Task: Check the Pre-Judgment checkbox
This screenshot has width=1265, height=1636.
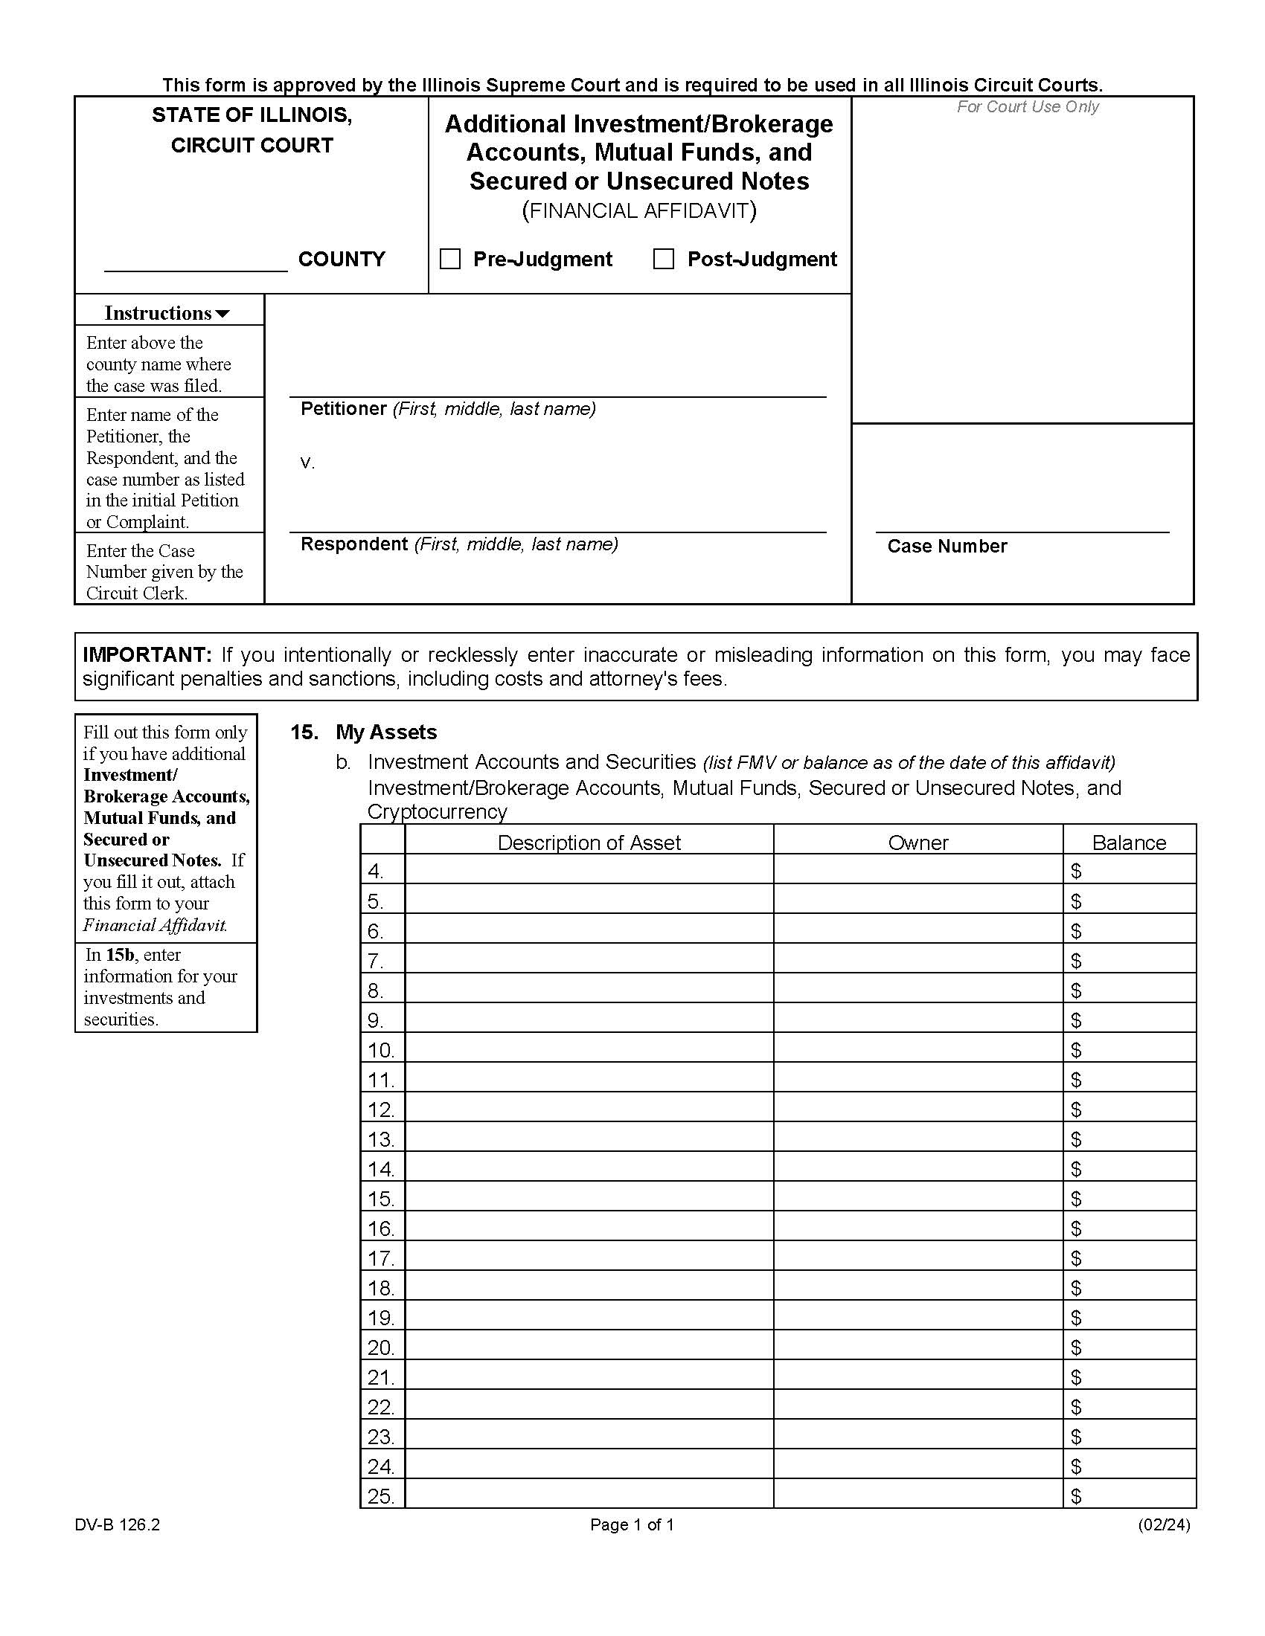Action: pos(449,260)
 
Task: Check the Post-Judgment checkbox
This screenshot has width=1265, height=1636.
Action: pos(663,260)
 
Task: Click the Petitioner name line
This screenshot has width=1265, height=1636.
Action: pos(557,385)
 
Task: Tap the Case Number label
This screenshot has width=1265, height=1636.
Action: pos(947,546)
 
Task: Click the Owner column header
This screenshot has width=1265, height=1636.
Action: pos(917,843)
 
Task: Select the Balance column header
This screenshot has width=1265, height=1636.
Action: pos(1129,843)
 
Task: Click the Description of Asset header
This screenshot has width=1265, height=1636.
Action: pos(589,843)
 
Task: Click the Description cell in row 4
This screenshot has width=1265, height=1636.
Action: pos(589,870)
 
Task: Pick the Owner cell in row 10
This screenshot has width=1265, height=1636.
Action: pos(917,1049)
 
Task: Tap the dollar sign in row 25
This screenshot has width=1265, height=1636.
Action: pos(1076,1496)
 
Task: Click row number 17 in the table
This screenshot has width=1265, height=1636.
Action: pos(381,1257)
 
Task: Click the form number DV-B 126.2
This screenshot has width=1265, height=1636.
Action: pos(117,1524)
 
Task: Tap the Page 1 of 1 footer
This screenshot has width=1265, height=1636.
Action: pos(632,1524)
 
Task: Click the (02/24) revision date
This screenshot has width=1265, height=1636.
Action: pos(1163,1524)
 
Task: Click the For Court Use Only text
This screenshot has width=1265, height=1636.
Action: pos(1027,107)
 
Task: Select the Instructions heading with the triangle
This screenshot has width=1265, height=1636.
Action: pos(167,313)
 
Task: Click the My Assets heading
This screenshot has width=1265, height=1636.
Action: pos(386,732)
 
